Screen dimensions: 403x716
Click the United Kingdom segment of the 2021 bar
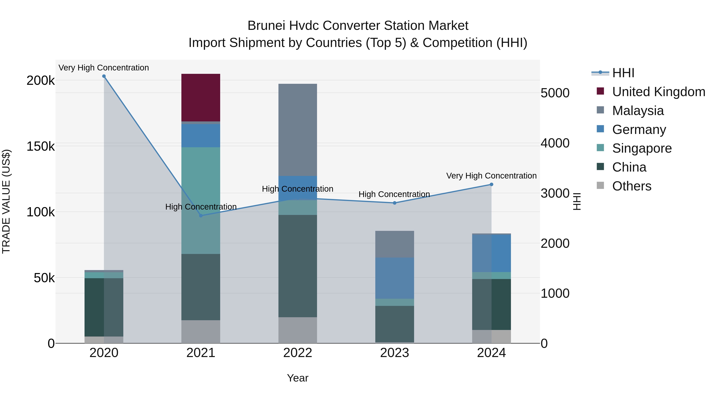[201, 98]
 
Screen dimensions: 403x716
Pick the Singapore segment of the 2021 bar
[201, 200]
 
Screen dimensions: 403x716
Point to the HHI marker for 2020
[104, 76]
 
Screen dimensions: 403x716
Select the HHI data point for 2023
[394, 203]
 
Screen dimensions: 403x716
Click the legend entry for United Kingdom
[658, 92]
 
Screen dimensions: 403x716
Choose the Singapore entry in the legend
[641, 148]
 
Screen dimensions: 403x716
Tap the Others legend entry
[631, 186]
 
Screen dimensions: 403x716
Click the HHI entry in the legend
[623, 73]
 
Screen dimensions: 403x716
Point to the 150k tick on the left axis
[41, 146]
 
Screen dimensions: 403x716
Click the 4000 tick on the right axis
[555, 143]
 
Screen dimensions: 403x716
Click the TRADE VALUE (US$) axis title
[6, 201]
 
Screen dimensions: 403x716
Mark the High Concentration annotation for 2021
[201, 207]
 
